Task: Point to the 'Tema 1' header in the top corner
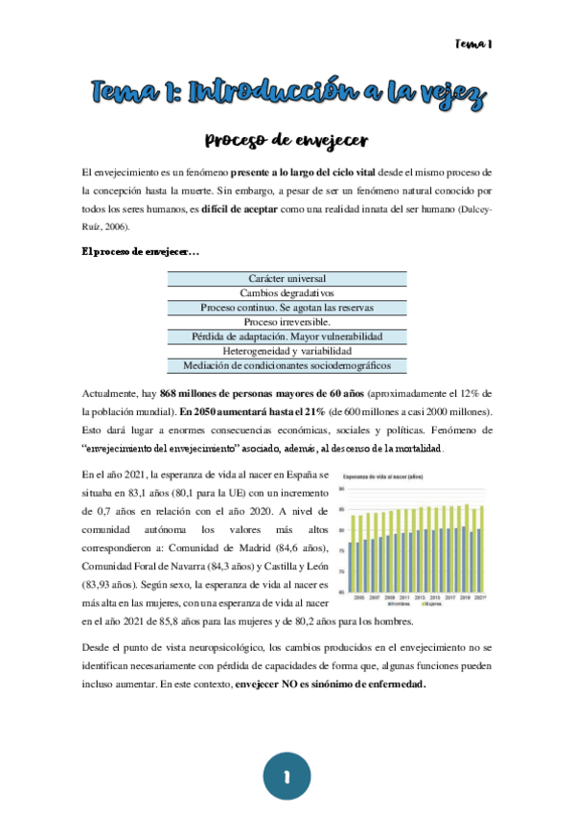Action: (x=472, y=44)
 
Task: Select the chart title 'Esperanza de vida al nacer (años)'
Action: (x=380, y=476)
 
